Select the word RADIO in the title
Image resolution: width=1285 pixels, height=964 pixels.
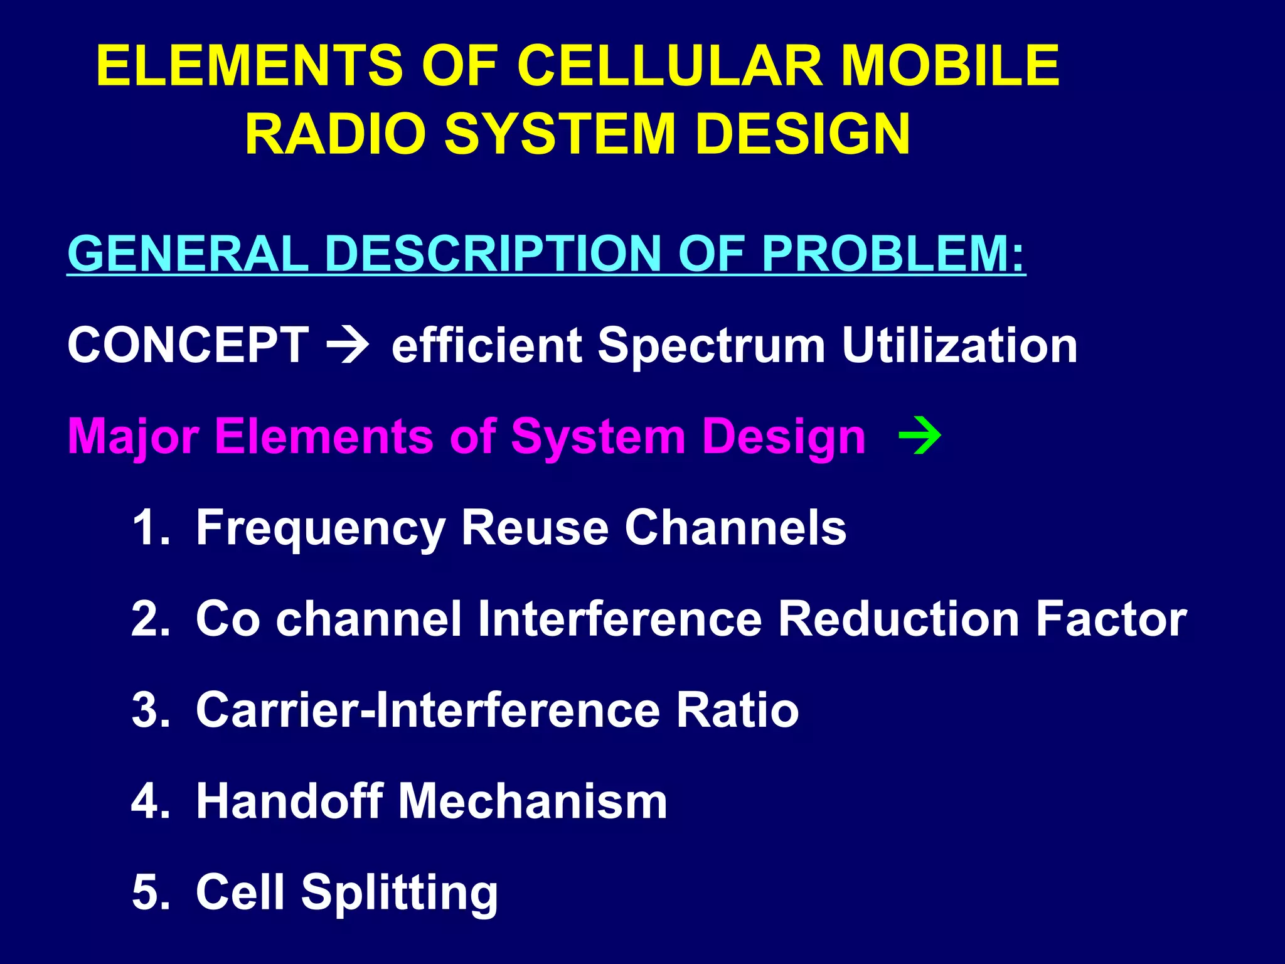point(335,134)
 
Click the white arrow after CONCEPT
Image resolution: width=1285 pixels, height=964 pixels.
point(348,345)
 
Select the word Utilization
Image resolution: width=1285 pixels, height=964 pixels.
point(959,345)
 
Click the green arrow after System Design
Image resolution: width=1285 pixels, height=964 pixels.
point(920,436)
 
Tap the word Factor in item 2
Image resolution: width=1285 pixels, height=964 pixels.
point(1111,619)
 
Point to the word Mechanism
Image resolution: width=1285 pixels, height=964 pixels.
point(533,801)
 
